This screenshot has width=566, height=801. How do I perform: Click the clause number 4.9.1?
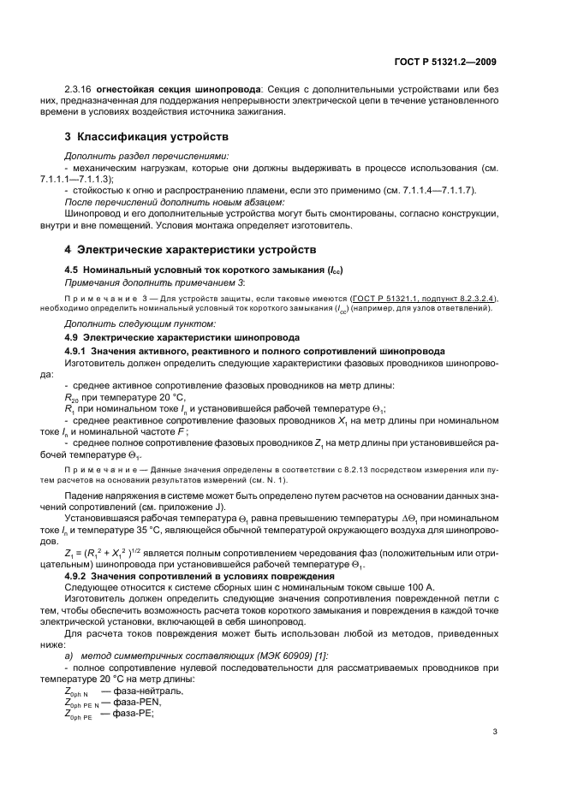pos(77,351)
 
